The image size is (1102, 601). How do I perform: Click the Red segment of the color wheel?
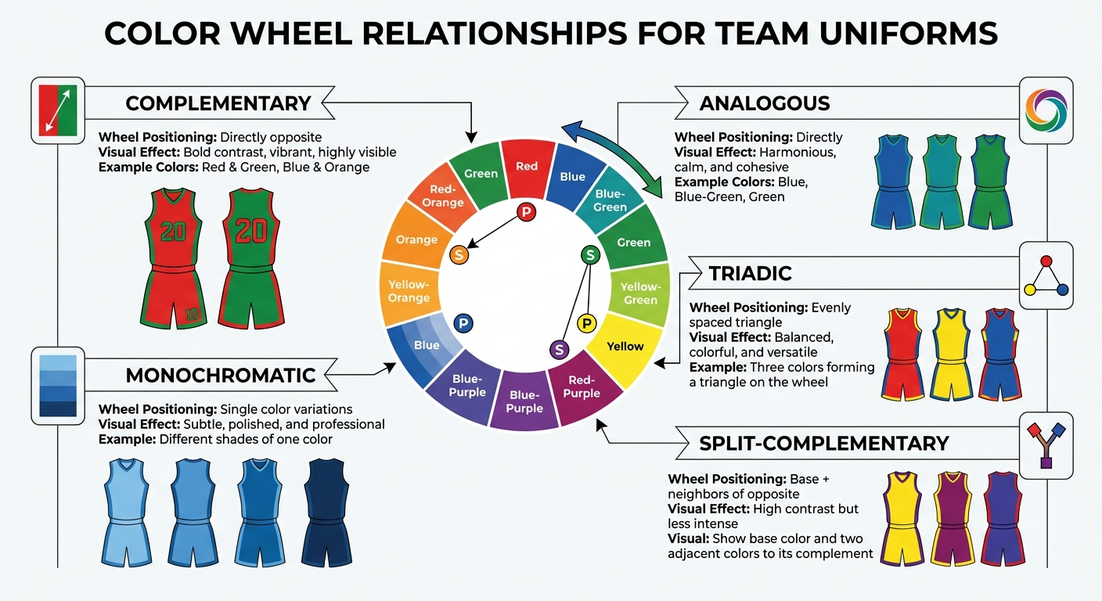pyautogui.click(x=527, y=166)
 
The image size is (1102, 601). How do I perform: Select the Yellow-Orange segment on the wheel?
pyautogui.click(x=409, y=292)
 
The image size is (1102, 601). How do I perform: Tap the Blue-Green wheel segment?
pyautogui.click(x=610, y=200)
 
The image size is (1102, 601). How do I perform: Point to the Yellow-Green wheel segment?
pyautogui.click(x=640, y=293)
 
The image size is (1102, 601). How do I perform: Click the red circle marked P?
pyautogui.click(x=527, y=212)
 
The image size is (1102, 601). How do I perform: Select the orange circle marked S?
pyautogui.click(x=459, y=254)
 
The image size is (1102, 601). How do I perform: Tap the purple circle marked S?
pyautogui.click(x=559, y=349)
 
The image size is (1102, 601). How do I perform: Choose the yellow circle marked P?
pyautogui.click(x=586, y=322)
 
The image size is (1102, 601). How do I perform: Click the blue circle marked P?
pyautogui.click(x=463, y=322)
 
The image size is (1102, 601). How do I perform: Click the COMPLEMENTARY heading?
pyautogui.click(x=218, y=103)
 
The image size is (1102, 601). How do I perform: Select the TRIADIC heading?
pyautogui.click(x=750, y=273)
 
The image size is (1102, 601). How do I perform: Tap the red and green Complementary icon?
pyautogui.click(x=58, y=110)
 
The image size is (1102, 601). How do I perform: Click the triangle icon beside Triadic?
pyautogui.click(x=1046, y=275)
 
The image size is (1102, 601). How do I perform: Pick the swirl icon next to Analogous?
pyautogui.click(x=1046, y=110)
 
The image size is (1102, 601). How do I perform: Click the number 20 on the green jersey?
pyautogui.click(x=250, y=230)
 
